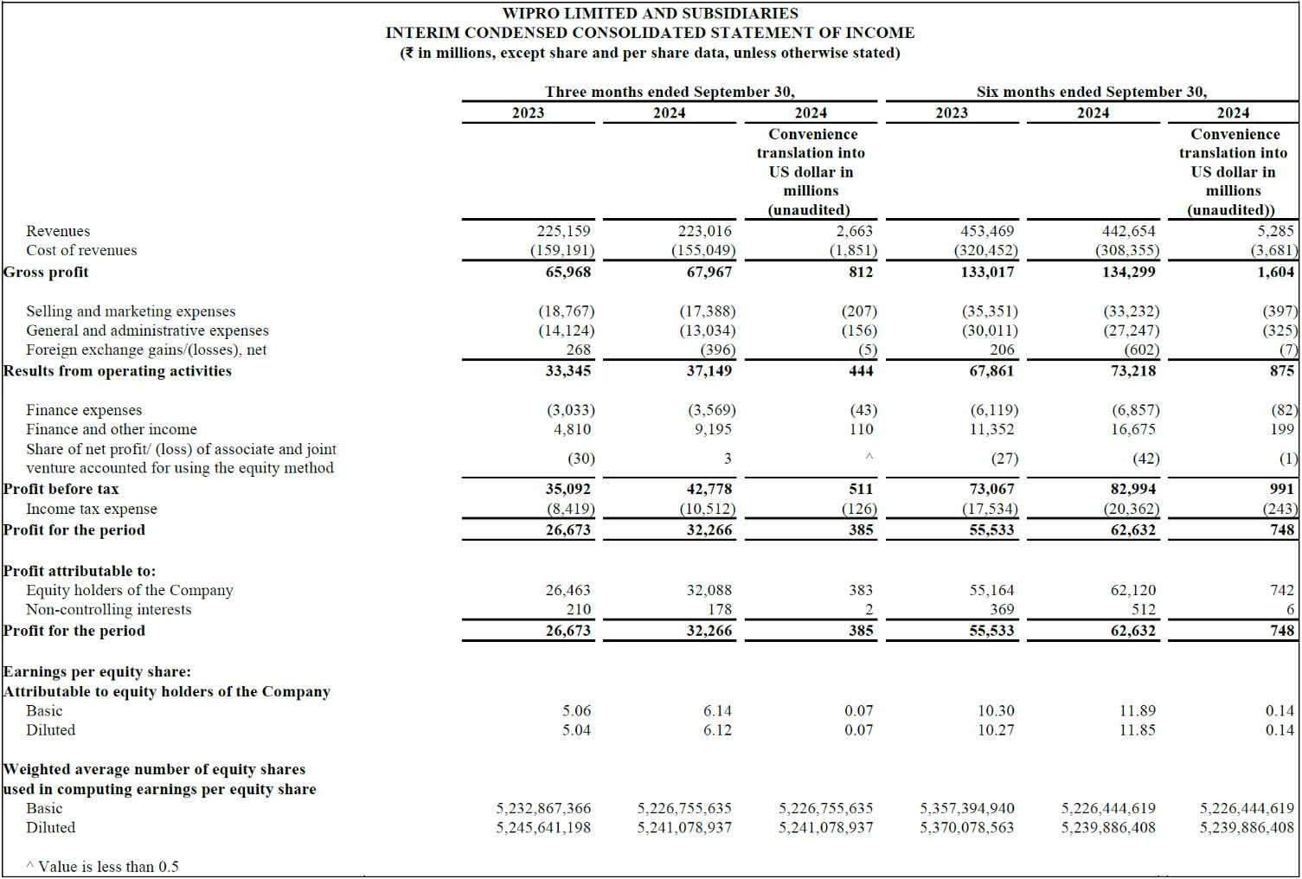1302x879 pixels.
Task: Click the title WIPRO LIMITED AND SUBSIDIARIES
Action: tap(650, 13)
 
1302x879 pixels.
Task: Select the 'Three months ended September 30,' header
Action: tap(669, 92)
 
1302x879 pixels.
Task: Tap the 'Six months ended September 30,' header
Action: tap(1091, 92)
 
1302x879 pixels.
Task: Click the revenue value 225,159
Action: tap(563, 231)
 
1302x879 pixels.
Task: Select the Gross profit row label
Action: tap(46, 272)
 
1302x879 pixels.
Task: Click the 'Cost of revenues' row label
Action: tap(81, 250)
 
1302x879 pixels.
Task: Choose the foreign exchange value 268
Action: tap(578, 350)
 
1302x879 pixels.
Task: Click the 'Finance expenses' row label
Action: tap(84, 410)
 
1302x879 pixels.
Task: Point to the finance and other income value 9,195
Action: tap(713, 429)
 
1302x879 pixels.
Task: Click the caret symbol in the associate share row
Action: tap(869, 458)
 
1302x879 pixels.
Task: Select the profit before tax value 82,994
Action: tap(1132, 489)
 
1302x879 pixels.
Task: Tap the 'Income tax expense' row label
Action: tap(92, 509)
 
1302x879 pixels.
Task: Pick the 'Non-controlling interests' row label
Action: tap(109, 609)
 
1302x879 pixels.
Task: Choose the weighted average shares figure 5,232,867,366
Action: tap(543, 808)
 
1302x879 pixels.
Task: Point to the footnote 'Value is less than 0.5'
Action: tap(107, 866)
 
